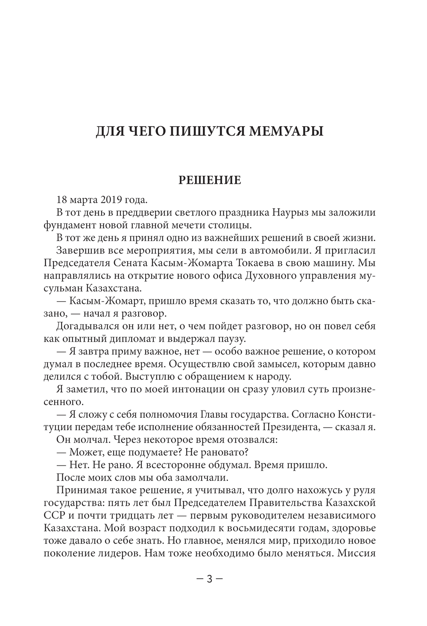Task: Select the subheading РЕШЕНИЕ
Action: click(209, 180)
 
